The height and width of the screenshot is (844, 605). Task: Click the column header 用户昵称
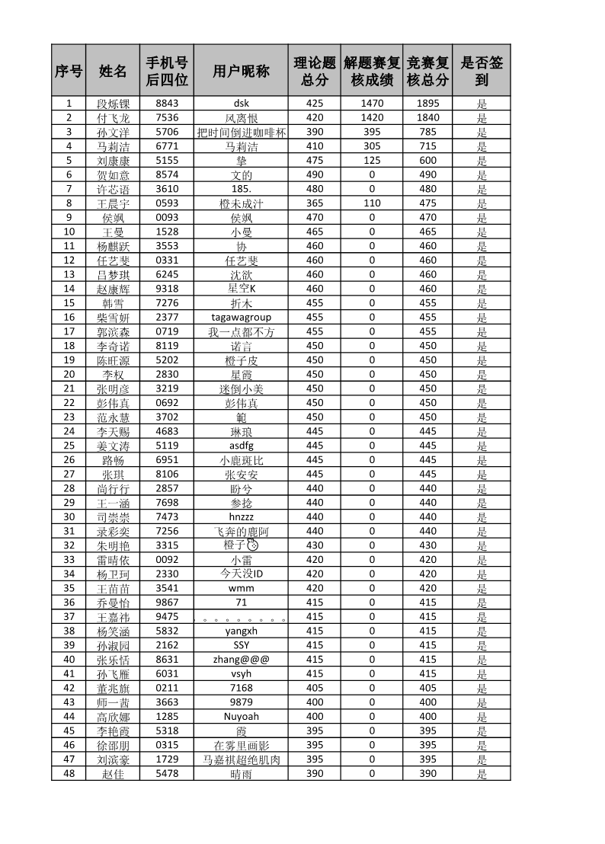pos(241,71)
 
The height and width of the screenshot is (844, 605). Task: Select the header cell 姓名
pos(113,71)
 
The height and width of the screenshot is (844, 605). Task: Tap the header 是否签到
pos(482,71)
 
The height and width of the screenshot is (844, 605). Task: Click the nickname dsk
pos(241,104)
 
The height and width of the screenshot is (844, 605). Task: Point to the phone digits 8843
pos(167,104)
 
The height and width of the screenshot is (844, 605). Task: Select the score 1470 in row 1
pos(372,104)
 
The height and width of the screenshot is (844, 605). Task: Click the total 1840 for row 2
pos(427,117)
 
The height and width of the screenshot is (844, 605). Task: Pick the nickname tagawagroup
pos(241,317)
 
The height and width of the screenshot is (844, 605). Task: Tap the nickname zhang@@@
pos(241,659)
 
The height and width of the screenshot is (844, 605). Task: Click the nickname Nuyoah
pos(241,716)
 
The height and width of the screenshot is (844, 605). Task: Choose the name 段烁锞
pos(113,104)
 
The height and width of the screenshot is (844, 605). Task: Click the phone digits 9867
pos(167,602)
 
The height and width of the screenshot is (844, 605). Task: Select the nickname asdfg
pos(241,446)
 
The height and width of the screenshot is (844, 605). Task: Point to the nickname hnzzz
pos(241,516)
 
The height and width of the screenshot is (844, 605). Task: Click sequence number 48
pos(69,773)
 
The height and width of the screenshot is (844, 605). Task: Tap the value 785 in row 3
pos(427,132)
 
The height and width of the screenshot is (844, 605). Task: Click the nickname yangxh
pos(241,631)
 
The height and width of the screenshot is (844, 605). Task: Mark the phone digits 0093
pos(167,217)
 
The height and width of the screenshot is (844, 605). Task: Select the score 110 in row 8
pos(372,203)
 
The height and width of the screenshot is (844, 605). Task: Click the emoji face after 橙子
pos(254,545)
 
